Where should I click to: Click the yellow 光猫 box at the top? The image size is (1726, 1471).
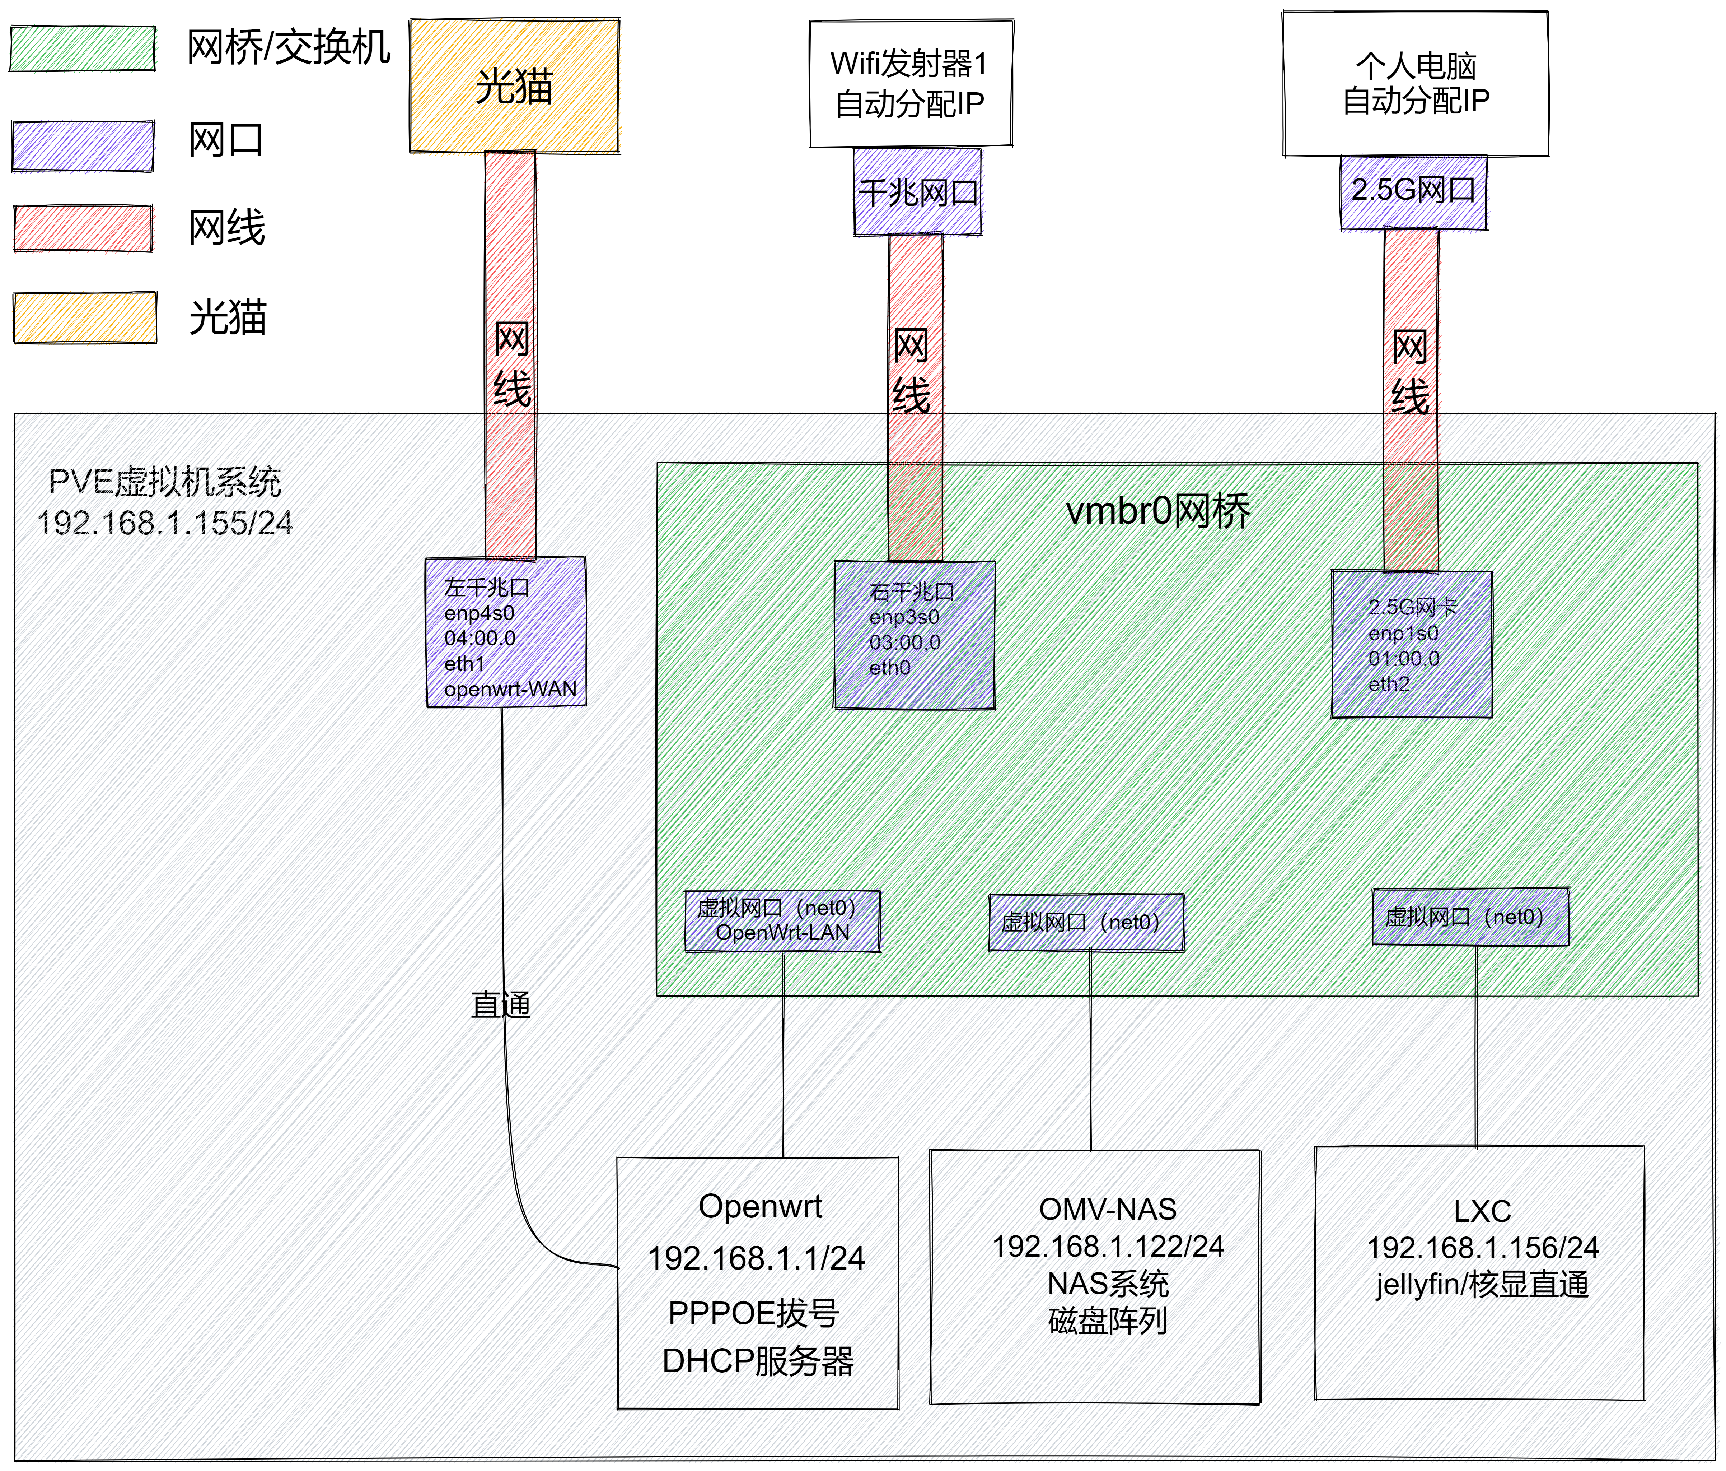(514, 86)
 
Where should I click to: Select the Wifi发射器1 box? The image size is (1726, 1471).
(911, 83)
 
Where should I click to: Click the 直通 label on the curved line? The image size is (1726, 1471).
(501, 1004)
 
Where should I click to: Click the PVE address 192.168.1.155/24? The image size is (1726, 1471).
(165, 523)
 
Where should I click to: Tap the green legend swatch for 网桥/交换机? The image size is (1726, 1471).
(83, 49)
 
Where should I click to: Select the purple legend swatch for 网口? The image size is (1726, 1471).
(83, 146)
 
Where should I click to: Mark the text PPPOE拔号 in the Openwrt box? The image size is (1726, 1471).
(753, 1313)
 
